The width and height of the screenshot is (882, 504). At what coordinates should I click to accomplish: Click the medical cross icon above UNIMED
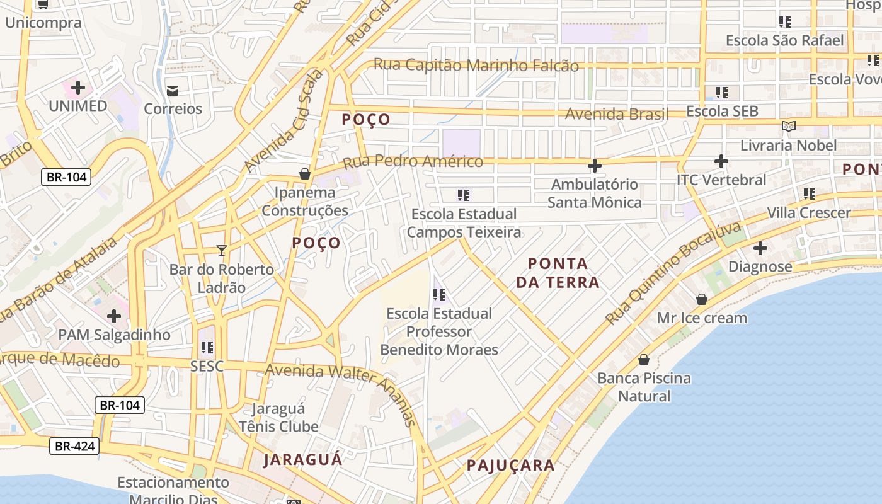pos(78,87)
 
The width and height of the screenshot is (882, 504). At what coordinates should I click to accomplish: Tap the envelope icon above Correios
pos(172,91)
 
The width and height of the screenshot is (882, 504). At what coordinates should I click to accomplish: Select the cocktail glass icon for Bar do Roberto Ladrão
pos(221,251)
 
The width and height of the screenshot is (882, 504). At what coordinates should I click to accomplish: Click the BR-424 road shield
pos(75,447)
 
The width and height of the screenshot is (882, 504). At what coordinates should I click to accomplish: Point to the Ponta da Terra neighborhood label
pos(558,273)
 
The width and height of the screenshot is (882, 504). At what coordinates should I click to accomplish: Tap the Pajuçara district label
pos(510,466)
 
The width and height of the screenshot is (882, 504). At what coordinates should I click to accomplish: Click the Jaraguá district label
pos(302,459)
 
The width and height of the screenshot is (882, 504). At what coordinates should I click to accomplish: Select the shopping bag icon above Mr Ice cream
pos(702,299)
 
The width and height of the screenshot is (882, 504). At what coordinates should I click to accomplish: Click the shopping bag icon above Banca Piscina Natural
pos(644,360)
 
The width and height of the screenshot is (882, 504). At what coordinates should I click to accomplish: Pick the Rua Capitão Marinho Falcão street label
pos(476,65)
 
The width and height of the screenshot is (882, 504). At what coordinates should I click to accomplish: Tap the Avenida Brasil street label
pos(617,114)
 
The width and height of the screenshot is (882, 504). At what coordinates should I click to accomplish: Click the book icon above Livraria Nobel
pos(788,127)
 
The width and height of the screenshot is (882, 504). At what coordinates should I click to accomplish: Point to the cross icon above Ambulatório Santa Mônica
pos(594,166)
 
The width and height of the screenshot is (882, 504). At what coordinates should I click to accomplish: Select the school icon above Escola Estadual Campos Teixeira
pos(464,195)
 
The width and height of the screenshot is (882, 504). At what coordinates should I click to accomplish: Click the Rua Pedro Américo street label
pos(413,162)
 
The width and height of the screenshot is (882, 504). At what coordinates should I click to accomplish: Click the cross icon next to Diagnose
pos(760,248)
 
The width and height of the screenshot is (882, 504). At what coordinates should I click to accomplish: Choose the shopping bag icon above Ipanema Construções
pos(305,174)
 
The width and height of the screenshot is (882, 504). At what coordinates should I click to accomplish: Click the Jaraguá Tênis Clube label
pos(278,418)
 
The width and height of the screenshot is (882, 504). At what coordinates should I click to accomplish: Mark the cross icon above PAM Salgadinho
pos(114,316)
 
